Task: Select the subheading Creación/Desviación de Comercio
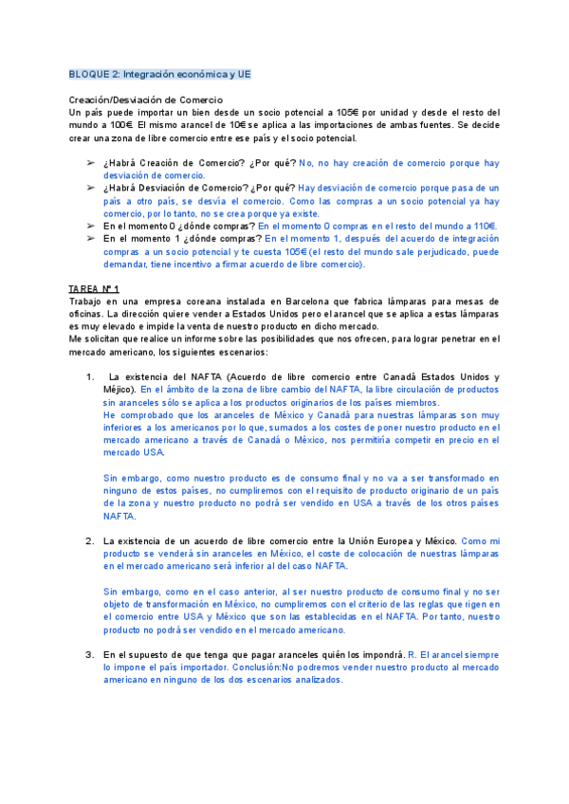(146, 100)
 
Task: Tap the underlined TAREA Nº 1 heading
(94, 288)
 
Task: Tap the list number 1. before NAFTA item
(90, 377)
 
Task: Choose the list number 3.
(90, 654)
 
